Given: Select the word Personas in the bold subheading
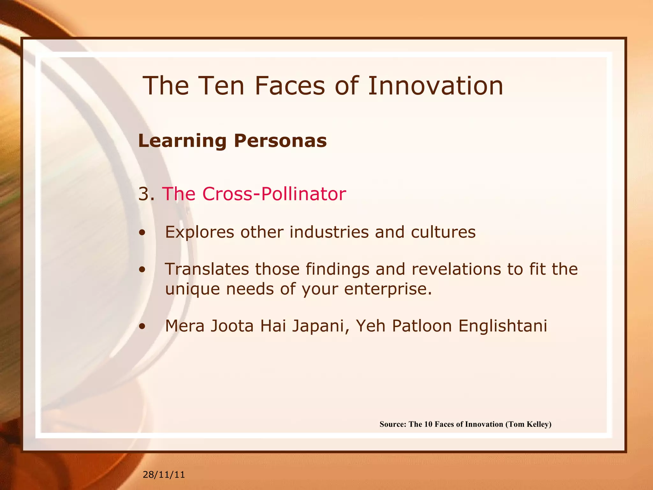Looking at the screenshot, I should [x=280, y=141].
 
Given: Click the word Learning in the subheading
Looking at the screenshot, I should [x=182, y=141].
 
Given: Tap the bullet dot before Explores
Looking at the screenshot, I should [x=142, y=233].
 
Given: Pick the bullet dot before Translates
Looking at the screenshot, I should [x=142, y=270].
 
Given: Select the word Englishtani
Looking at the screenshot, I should [x=503, y=326].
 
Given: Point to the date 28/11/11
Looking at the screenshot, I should [x=164, y=475].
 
